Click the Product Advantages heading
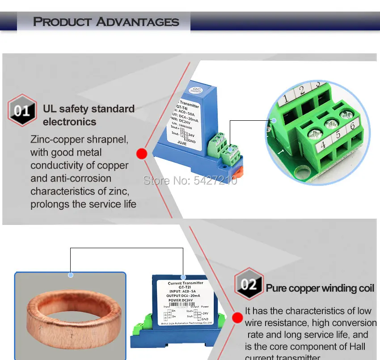[x=106, y=21]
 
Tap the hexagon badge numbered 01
[x=22, y=110]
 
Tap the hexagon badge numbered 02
[x=249, y=284]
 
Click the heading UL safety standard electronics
[x=89, y=115]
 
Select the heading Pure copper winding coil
[x=320, y=288]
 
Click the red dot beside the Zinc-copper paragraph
[x=142, y=154]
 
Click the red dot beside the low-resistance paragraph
[x=237, y=318]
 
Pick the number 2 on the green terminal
[x=302, y=90]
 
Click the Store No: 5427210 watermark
[x=190, y=180]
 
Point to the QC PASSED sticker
[x=195, y=88]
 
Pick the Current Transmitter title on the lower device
[x=186, y=283]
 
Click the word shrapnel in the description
[x=108, y=140]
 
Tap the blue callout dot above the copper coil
[x=70, y=275]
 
